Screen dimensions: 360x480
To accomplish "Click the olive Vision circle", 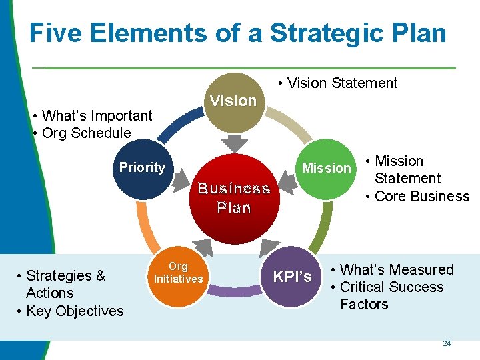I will click(x=233, y=101).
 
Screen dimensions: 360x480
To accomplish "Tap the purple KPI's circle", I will click(x=293, y=277).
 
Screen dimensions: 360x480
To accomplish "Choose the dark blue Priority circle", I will click(x=142, y=169).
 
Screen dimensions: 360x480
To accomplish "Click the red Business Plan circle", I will click(x=233, y=198).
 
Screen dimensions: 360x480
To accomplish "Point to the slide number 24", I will click(x=447, y=343).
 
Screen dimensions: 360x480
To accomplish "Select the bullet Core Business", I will click(x=421, y=196).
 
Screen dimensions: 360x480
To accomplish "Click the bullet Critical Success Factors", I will click(x=391, y=295).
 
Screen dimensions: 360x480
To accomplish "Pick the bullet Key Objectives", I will click(x=74, y=311).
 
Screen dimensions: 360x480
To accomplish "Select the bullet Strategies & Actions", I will click(x=65, y=284).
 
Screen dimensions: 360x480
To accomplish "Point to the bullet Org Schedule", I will click(x=86, y=133).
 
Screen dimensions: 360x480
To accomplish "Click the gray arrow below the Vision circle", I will click(x=233, y=143).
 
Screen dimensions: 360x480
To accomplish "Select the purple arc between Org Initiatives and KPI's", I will click(x=234, y=291).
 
